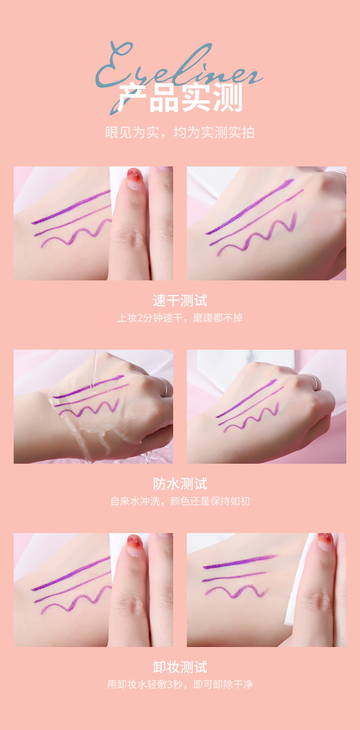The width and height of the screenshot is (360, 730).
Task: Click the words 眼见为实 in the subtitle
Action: point(132,133)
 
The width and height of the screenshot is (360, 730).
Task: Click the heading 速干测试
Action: point(180,301)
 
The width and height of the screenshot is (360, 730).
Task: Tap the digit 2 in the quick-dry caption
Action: point(140,318)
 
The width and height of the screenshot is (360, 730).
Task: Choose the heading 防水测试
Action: point(180,484)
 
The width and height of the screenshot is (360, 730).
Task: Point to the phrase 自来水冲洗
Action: point(135,501)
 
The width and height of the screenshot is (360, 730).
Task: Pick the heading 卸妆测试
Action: point(180,668)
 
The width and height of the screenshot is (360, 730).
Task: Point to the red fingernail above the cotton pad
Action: point(326,538)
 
